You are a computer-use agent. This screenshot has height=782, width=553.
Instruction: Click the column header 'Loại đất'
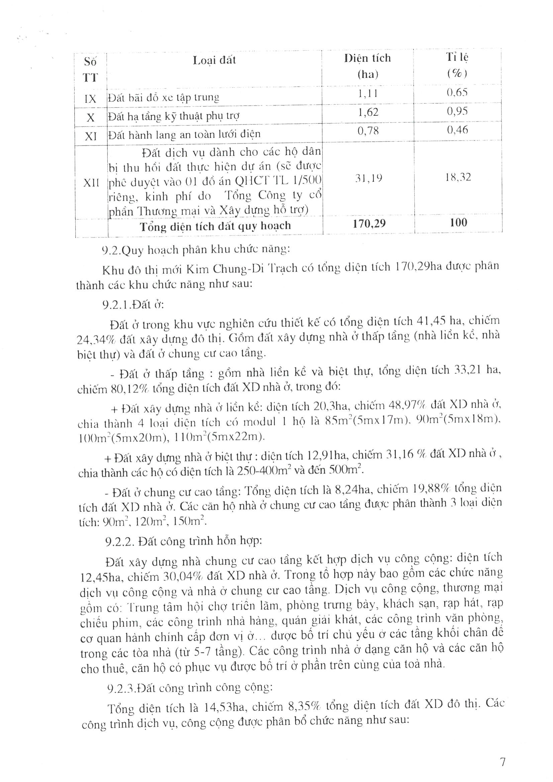214,61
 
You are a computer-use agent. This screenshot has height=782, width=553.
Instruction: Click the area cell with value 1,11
368,93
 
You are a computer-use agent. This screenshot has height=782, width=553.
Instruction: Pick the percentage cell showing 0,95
457,111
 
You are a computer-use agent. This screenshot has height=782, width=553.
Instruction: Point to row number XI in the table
90,137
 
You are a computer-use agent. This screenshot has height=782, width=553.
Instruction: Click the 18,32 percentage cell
458,177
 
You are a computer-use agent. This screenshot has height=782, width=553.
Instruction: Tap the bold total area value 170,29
369,224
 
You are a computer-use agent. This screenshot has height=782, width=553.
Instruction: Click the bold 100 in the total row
458,223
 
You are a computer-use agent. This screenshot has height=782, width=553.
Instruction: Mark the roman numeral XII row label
91,183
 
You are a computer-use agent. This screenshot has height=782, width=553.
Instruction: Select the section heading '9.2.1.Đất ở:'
133,304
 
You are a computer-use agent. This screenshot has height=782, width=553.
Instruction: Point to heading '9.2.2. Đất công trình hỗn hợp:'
184,541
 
